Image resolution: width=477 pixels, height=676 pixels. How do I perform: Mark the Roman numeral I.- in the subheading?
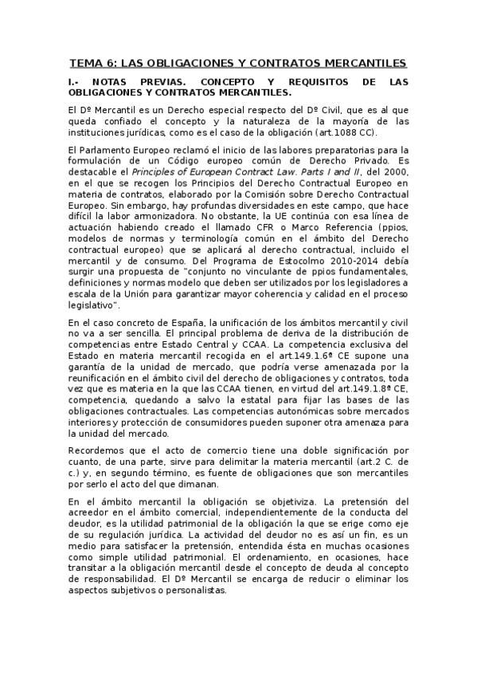[x=75, y=82]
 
